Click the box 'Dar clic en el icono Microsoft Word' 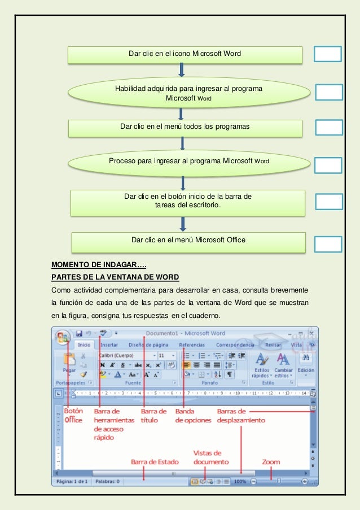click(x=185, y=54)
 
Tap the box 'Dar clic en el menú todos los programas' click(x=185, y=127)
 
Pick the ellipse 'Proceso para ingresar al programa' click(x=189, y=162)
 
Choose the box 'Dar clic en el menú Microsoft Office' click(x=188, y=241)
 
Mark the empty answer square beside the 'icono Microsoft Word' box click(x=328, y=54)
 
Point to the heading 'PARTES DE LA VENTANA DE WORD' click(x=115, y=277)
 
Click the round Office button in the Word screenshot click(x=63, y=338)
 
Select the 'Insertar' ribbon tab click(x=109, y=345)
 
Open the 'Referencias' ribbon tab click(x=192, y=345)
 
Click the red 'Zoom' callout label click(x=271, y=461)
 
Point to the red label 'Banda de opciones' click(x=193, y=416)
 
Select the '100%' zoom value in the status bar click(x=240, y=481)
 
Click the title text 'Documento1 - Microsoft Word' click(x=186, y=333)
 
